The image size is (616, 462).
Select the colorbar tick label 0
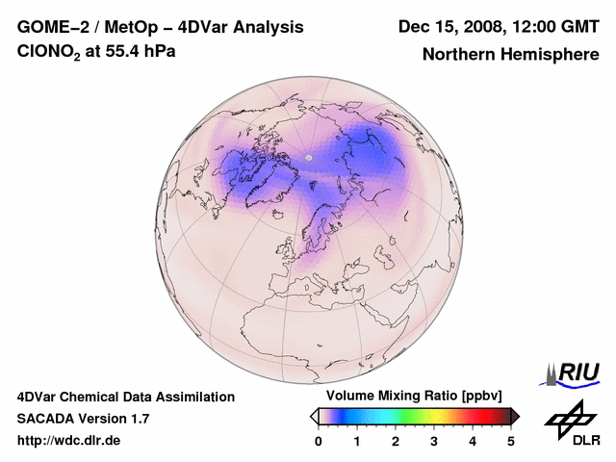click(319, 441)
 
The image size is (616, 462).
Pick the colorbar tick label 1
click(357, 441)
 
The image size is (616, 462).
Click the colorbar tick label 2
click(396, 441)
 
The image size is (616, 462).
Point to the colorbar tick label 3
click(434, 441)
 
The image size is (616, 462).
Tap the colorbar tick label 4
click(473, 441)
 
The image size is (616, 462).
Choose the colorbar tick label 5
click(511, 441)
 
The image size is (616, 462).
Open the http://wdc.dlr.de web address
click(69, 441)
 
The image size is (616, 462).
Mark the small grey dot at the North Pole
click(308, 157)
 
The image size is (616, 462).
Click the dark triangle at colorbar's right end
click(515, 416)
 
